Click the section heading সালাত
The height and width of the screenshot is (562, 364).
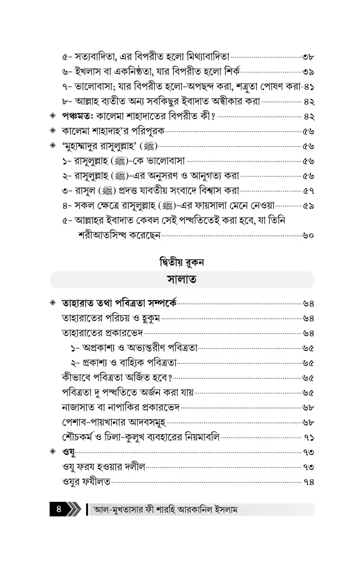point(182,280)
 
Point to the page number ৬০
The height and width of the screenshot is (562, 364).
point(309,235)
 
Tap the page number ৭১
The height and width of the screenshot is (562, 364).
point(309,437)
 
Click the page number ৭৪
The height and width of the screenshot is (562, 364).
point(309,482)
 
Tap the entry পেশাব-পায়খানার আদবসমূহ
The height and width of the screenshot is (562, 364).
point(114,422)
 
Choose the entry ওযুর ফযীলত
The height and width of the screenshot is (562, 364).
point(86,482)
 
